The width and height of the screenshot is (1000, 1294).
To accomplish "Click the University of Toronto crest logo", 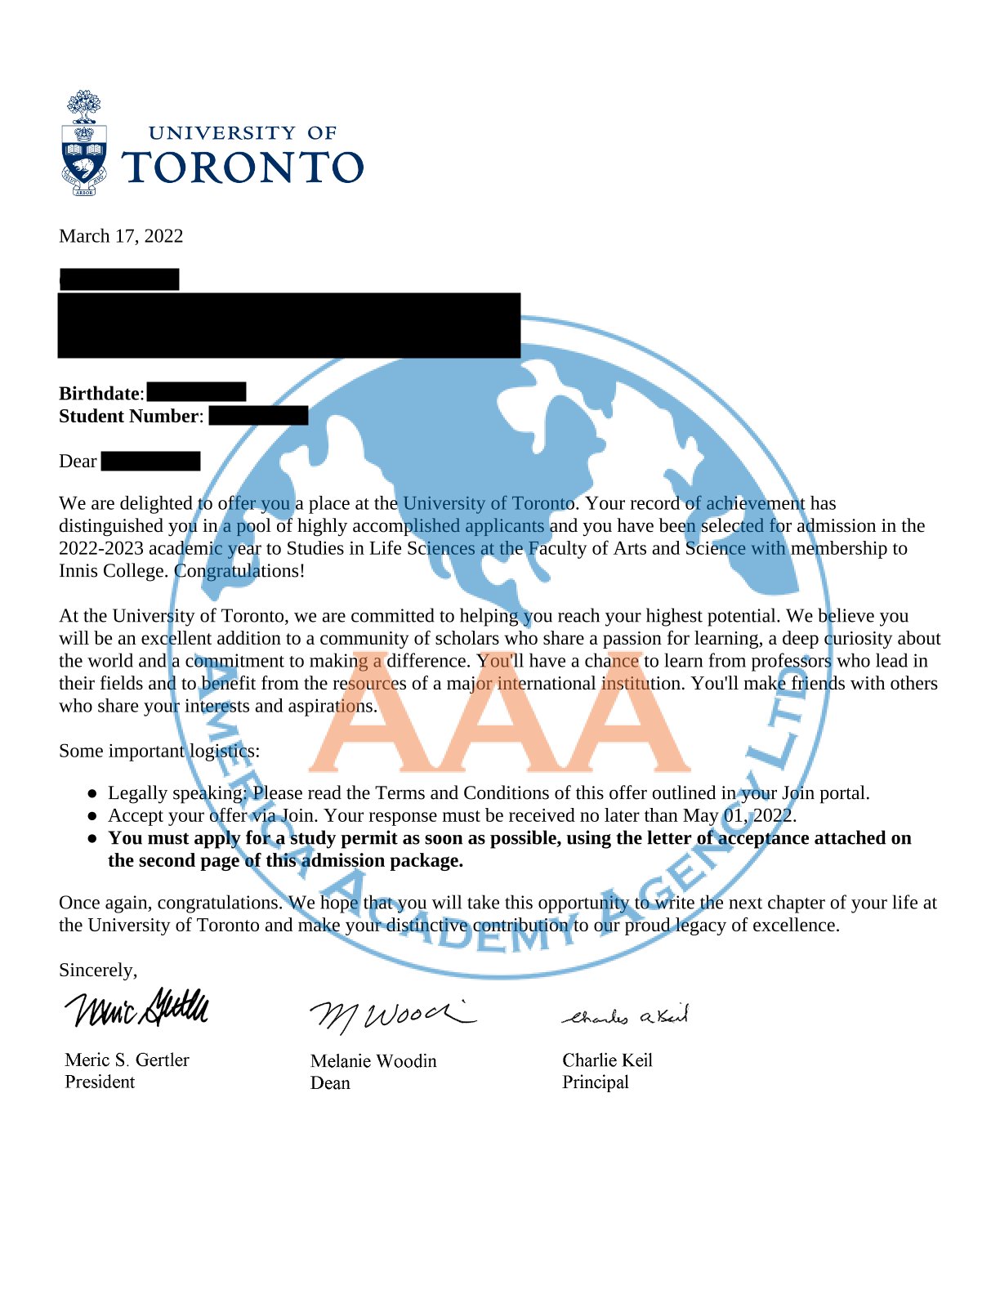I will click(x=84, y=144).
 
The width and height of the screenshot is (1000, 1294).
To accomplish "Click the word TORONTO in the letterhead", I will click(x=243, y=167).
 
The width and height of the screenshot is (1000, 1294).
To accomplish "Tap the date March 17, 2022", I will click(x=121, y=236).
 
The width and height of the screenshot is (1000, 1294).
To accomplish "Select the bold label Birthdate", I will click(x=99, y=394).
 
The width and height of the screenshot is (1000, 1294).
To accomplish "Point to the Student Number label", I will click(x=129, y=416).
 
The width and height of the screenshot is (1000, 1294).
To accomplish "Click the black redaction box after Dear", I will click(x=150, y=462).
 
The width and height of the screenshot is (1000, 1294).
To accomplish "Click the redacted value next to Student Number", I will click(x=258, y=416).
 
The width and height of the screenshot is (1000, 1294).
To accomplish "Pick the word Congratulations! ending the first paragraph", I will click(x=239, y=571).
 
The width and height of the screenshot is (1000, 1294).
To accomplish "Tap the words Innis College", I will click(x=114, y=571).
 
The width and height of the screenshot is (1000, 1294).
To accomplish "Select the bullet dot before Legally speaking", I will click(x=93, y=793).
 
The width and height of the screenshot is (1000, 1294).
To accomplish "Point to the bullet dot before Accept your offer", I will click(x=93, y=816).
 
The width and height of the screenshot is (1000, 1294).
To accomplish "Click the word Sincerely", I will click(x=97, y=970).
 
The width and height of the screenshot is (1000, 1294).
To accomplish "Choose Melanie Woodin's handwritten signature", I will click(x=391, y=1015).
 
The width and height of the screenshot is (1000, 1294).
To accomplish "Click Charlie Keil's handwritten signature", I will click(x=626, y=1016).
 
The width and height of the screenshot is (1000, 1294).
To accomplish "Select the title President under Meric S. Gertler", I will click(x=100, y=1082).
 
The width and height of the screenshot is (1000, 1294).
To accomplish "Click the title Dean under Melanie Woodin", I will click(x=330, y=1083).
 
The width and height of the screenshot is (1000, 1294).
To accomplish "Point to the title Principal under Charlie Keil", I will click(x=596, y=1082).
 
